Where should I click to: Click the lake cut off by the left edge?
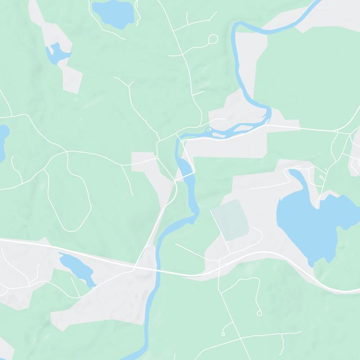(x=2, y=142)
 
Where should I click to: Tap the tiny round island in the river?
(x=208, y=130)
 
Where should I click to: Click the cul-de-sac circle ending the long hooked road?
(x=258, y=312)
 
